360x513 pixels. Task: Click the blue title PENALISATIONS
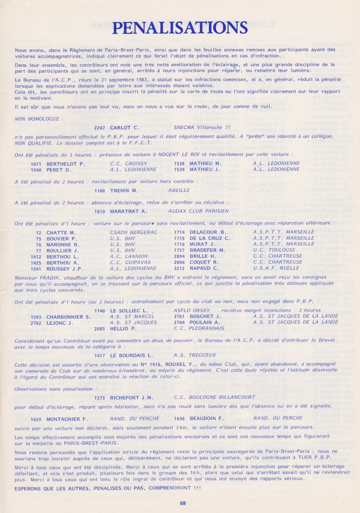180,28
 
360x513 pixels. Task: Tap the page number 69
183,503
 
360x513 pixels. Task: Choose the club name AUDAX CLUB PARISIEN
198,211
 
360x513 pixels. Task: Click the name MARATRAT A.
125,211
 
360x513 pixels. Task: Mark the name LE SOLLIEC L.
129,311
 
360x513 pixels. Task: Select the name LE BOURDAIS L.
132,356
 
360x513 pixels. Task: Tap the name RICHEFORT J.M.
131,398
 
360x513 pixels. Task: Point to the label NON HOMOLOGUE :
37,119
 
